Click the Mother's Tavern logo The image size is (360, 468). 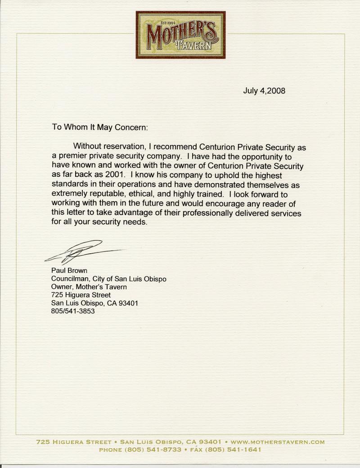tap(180, 35)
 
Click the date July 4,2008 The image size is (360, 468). tap(264, 90)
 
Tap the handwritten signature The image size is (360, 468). tap(83, 252)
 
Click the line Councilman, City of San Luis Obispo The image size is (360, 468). tap(109, 279)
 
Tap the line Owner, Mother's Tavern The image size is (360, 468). tap(89, 287)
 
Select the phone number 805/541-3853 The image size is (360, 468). tap(73, 311)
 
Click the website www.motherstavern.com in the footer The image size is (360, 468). tap(277, 442)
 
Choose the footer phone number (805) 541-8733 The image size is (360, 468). tap(155, 449)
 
